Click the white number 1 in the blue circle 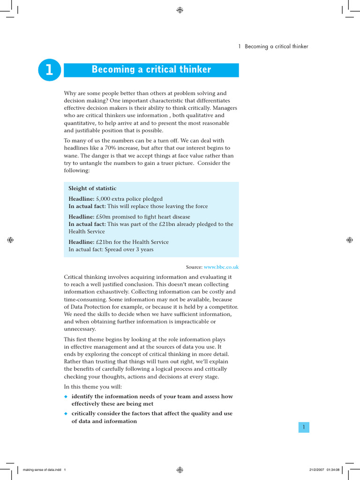pyautogui.click(x=49, y=70)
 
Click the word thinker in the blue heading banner pyautogui.click(x=195, y=70)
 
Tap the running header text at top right pyautogui.click(x=273, y=46)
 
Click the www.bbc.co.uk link pyautogui.click(x=221, y=267)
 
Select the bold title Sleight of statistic pyautogui.click(x=92, y=188)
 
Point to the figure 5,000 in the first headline pyautogui.click(x=104, y=199)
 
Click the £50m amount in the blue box pyautogui.click(x=104, y=217)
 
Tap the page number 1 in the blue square pyautogui.click(x=304, y=427)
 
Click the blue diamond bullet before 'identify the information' pyautogui.click(x=66, y=397)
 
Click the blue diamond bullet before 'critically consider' pyautogui.click(x=66, y=414)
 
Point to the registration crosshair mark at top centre pyautogui.click(x=180, y=10)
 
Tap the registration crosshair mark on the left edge pyautogui.click(x=10, y=240)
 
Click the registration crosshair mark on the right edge pyautogui.click(x=349, y=240)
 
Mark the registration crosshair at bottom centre pyautogui.click(x=180, y=469)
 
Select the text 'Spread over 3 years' pyautogui.click(x=129, y=249)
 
